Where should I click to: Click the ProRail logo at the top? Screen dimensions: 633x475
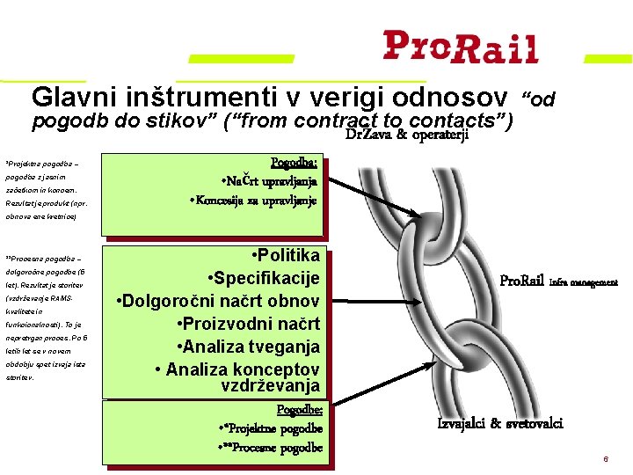460,47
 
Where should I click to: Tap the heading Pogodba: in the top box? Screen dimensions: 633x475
295,162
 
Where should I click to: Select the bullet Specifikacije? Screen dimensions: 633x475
263,279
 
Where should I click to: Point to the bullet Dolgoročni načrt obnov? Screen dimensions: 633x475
218,302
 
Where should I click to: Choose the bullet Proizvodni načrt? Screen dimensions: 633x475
247,325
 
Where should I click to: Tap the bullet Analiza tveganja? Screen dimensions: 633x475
249,347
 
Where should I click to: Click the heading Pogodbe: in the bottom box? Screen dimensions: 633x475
299,410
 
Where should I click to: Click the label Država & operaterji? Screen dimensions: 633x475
407,135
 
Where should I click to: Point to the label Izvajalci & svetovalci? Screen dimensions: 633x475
500,424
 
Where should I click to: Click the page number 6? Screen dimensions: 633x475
605,460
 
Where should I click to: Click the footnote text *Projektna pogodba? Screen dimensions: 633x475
42,163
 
